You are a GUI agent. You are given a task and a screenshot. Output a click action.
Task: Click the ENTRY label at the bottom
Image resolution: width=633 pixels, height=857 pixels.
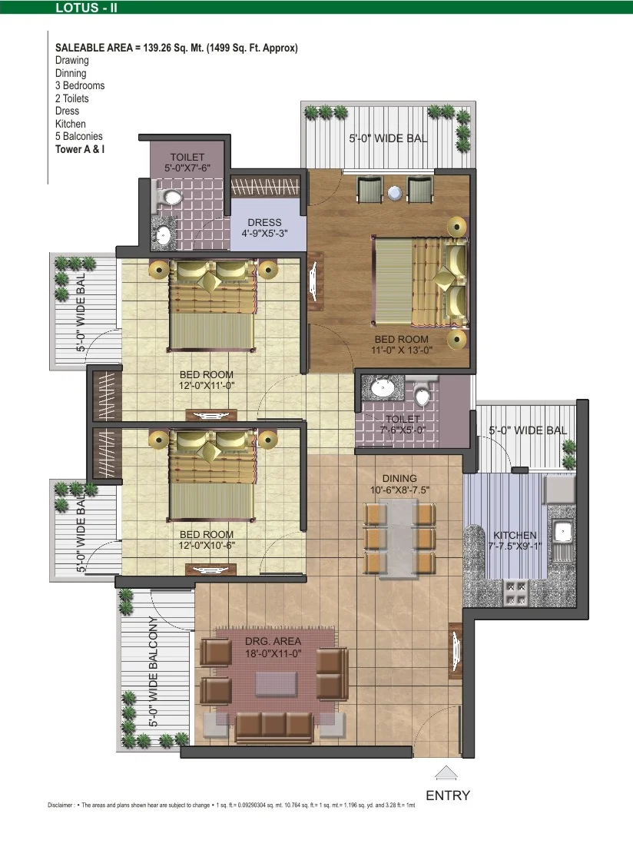[x=448, y=796]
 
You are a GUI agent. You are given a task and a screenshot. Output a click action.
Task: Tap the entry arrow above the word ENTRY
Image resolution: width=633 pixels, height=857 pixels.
[x=446, y=772]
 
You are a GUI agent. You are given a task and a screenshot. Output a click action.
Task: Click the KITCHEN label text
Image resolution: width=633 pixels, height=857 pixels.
[x=515, y=535]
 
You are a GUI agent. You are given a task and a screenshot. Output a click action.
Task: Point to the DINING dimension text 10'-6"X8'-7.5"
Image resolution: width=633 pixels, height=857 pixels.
[x=399, y=490]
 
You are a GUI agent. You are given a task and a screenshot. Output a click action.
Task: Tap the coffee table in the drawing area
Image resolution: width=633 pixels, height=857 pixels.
[x=277, y=684]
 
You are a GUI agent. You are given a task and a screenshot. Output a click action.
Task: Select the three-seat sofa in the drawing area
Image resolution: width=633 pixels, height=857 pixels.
[x=274, y=727]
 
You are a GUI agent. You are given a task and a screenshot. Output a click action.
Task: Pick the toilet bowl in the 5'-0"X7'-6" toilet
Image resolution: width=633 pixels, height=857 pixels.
[x=171, y=197]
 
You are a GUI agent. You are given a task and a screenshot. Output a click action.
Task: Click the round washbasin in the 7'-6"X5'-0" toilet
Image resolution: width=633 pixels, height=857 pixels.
[x=383, y=389]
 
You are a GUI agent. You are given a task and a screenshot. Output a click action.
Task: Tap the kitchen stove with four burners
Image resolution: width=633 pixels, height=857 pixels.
[x=516, y=593]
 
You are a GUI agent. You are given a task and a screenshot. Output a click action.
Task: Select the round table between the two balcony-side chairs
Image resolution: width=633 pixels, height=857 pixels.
[x=395, y=192]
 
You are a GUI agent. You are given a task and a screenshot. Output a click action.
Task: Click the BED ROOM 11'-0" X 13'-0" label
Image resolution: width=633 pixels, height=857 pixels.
[x=402, y=344]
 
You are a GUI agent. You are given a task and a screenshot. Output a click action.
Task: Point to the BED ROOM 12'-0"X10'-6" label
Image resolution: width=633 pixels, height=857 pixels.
[x=207, y=540]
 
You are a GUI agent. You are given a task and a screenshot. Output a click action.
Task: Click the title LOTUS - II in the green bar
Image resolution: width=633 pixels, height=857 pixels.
[x=86, y=8]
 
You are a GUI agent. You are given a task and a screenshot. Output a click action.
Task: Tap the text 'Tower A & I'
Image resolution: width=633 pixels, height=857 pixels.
[x=80, y=149]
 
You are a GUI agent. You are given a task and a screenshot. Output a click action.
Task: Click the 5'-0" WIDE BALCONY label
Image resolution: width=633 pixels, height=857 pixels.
[x=154, y=671]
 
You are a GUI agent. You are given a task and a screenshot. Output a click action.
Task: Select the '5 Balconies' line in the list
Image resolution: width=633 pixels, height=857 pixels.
[x=78, y=136]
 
